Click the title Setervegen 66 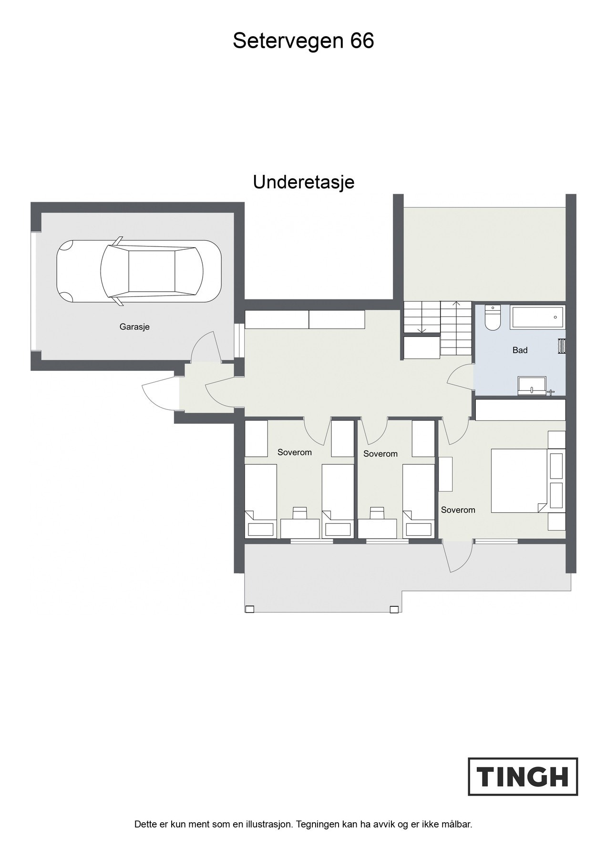pos(303,41)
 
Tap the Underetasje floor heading pos(303,182)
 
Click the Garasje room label pos(134,327)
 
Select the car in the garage pos(139,271)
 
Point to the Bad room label pos(520,350)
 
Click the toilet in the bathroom pos(492,318)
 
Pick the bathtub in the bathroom pos(537,317)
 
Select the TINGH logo pos(523,776)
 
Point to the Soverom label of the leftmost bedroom pos(295,452)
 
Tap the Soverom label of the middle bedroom pos(380,454)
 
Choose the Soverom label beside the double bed pos(458,510)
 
